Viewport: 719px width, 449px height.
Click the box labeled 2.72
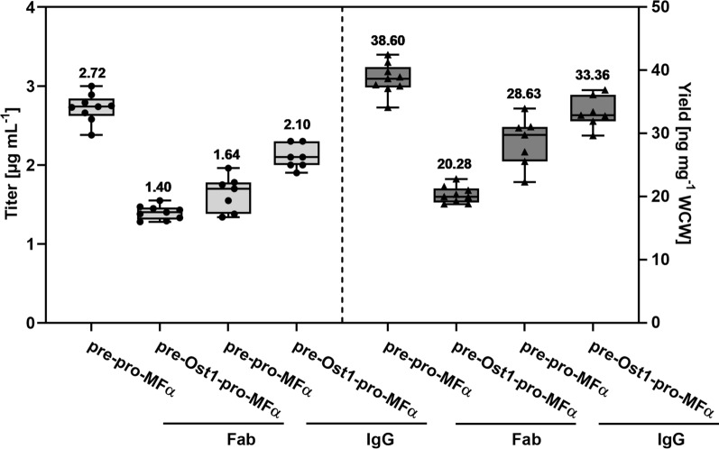pyautogui.click(x=92, y=107)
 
